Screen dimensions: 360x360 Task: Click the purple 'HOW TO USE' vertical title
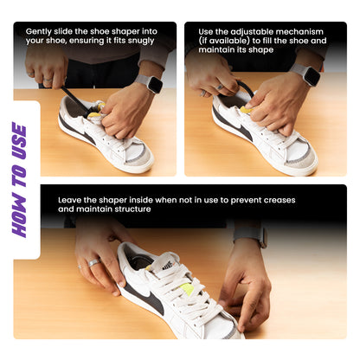(x=19, y=179)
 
